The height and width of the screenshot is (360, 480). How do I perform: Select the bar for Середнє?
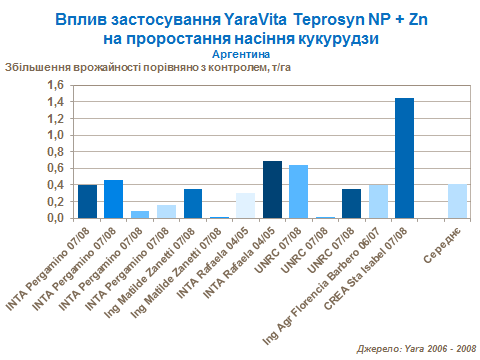(456, 201)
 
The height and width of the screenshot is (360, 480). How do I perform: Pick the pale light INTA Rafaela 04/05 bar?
(246, 205)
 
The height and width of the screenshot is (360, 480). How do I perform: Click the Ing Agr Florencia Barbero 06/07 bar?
(378, 201)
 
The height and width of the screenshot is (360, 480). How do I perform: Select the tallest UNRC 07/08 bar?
(298, 191)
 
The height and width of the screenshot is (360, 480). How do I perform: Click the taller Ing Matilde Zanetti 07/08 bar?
(193, 203)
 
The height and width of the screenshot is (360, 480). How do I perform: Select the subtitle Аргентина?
(241, 54)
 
